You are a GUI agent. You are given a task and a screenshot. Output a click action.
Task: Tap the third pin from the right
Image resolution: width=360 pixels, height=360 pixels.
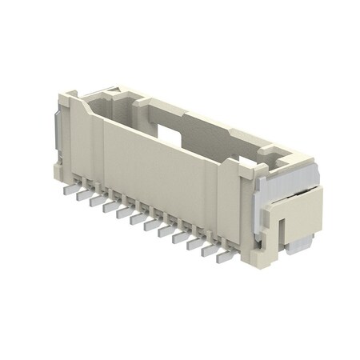pyautogui.click(x=194, y=245)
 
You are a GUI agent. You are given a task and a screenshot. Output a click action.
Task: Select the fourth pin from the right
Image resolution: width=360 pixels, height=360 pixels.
pyautogui.click(x=180, y=238)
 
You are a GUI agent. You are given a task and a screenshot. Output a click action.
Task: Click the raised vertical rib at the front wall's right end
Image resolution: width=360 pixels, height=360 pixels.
pyautogui.click(x=228, y=204)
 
